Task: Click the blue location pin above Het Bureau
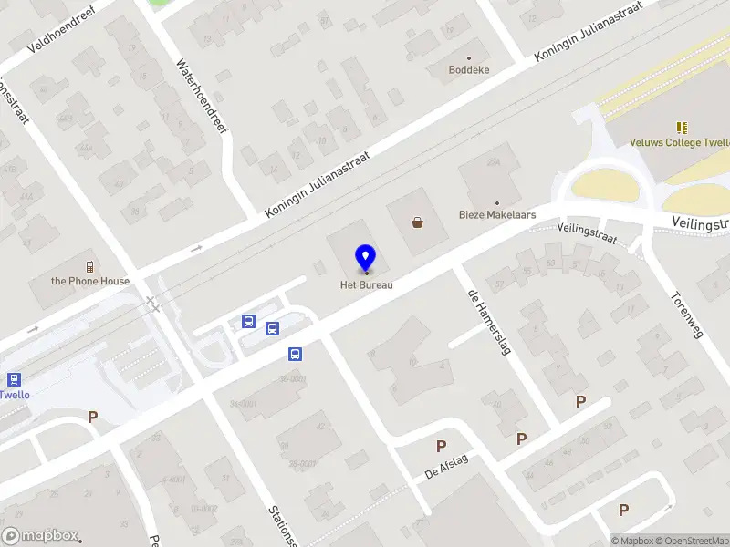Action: tap(365, 257)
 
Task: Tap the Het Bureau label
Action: tap(366, 284)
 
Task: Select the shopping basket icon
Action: tap(418, 222)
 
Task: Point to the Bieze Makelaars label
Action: tap(496, 216)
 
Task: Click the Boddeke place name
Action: tap(470, 69)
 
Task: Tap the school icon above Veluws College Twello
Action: tap(682, 128)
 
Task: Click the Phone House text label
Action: tap(90, 281)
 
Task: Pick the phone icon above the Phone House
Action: tap(90, 266)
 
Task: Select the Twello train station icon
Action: tap(14, 380)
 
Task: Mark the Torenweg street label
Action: tap(687, 315)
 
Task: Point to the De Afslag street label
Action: tap(446, 466)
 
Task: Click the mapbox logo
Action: tap(40, 536)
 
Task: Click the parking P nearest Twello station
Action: tap(92, 417)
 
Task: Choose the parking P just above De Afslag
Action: tap(442, 446)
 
